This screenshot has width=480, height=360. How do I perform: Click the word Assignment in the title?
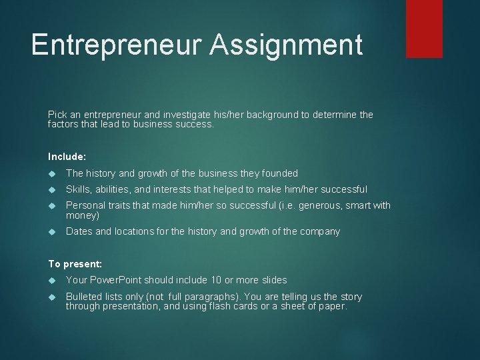click(286, 45)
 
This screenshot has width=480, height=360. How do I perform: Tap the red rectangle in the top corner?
click(424, 28)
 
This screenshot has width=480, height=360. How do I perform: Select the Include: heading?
click(67, 157)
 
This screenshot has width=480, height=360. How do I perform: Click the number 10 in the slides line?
click(217, 280)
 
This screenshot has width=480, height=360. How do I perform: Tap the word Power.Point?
click(115, 280)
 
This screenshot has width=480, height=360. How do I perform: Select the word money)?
click(83, 215)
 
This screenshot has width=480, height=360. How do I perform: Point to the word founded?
click(281, 173)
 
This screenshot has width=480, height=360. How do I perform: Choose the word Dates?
click(79, 231)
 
